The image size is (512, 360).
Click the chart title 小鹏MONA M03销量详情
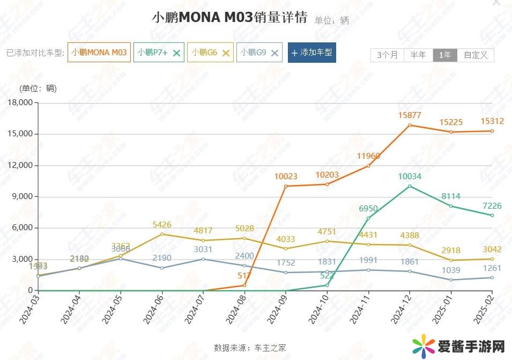point(229,17)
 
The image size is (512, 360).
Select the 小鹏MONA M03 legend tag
point(99,53)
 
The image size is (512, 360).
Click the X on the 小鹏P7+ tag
point(177,53)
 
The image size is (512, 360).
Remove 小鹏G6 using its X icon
point(226,53)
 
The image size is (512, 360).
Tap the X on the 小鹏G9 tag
point(274,53)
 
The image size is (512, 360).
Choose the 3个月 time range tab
point(388,55)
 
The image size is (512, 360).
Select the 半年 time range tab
point(418,55)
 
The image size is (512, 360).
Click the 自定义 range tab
point(475,55)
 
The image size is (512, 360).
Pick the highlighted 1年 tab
point(445,55)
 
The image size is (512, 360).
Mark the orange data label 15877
point(410,115)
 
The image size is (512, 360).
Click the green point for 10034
point(410,186)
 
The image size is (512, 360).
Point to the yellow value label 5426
point(162,224)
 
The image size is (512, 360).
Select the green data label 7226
point(492,205)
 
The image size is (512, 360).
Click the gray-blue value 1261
point(492,268)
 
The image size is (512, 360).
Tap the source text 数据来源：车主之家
point(250,347)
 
